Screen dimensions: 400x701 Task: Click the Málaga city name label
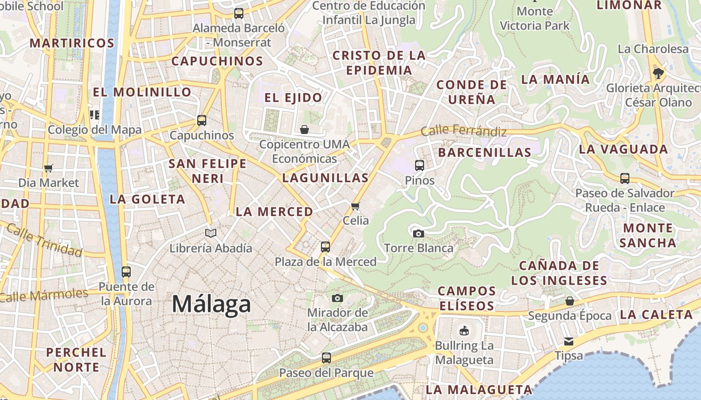(211, 304)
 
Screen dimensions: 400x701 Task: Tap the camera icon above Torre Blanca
(419, 233)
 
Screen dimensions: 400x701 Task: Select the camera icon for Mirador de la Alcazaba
(337, 298)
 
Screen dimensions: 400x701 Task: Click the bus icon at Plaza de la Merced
(325, 246)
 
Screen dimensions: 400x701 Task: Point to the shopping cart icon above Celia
(356, 206)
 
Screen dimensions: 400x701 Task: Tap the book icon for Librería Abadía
(211, 233)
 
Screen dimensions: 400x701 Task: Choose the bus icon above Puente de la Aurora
(126, 271)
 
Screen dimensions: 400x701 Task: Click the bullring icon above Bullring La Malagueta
(464, 330)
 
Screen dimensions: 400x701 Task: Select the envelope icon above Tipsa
(569, 341)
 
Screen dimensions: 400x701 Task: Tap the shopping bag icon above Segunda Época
(570, 301)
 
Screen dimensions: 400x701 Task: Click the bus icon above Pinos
(420, 165)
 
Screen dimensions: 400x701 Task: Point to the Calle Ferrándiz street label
(463, 131)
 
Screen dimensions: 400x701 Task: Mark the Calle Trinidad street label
(44, 240)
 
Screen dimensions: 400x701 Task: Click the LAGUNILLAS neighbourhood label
(325, 177)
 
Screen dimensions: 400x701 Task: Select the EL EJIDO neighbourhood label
(293, 97)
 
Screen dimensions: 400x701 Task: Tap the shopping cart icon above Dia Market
(49, 168)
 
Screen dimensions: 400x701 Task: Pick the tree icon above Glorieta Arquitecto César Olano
(658, 73)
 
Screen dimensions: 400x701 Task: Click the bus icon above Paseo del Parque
(326, 357)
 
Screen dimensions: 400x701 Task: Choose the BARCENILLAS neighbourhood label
(484, 152)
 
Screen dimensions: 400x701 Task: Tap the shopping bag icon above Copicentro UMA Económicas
(304, 130)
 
